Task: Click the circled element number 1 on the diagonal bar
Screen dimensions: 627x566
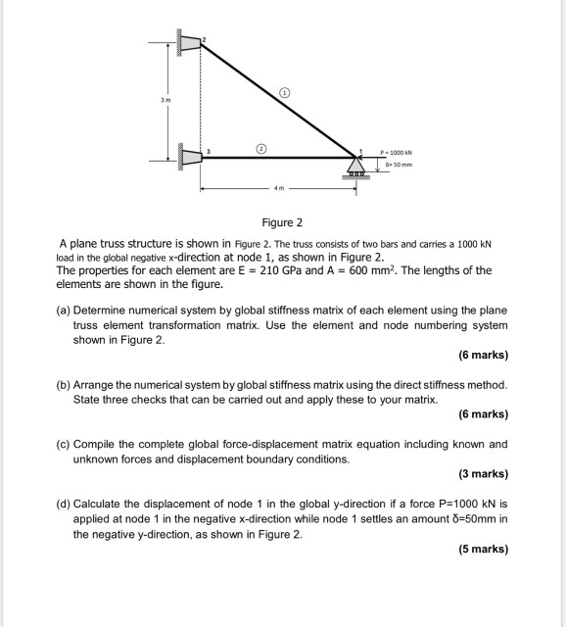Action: click(x=285, y=92)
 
